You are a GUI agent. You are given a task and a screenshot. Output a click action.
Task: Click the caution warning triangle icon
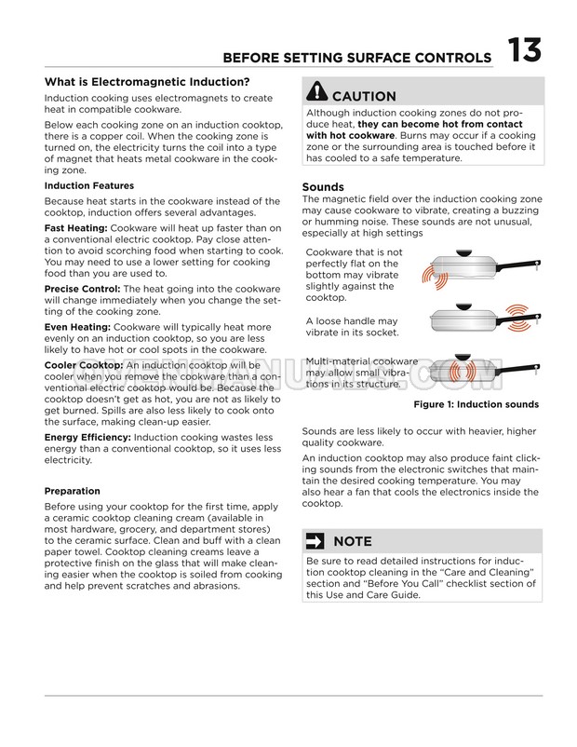point(315,93)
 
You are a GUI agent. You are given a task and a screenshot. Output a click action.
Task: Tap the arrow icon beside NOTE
point(315,540)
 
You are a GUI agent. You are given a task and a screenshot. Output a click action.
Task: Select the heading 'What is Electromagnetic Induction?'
point(148,81)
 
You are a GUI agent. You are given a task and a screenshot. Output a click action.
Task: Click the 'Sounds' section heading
point(323,186)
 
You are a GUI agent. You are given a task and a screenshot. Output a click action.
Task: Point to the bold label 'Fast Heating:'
point(74,228)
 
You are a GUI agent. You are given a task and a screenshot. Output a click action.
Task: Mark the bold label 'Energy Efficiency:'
point(87,437)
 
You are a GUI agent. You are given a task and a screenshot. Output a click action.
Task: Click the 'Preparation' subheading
point(73,491)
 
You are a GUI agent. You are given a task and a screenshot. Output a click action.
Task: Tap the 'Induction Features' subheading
point(89,185)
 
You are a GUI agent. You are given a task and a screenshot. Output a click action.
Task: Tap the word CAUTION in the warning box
point(364,96)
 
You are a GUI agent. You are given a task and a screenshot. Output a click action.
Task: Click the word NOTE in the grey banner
point(352,541)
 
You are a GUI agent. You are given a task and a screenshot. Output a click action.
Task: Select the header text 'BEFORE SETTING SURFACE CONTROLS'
point(357,59)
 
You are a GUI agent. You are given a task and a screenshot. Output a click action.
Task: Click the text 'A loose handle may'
point(352,321)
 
